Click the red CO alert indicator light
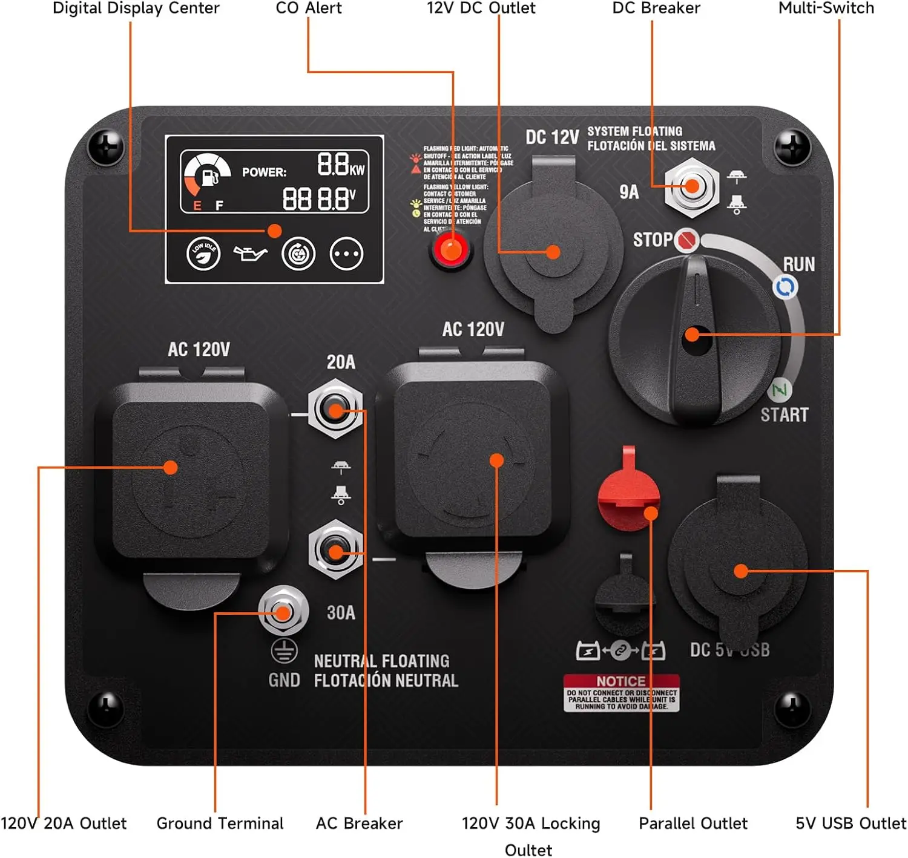click(450, 249)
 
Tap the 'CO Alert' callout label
click(308, 8)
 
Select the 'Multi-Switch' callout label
click(826, 8)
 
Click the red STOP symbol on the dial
click(686, 240)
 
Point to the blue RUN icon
click(785, 287)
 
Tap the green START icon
click(780, 390)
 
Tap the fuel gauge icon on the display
click(207, 175)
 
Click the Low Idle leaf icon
click(203, 254)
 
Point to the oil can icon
click(250, 254)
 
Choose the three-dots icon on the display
click(346, 254)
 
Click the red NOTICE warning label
click(621, 692)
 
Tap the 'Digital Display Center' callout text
click(136, 8)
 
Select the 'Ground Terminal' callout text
click(220, 823)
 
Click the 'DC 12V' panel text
click(552, 137)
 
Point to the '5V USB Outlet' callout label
click(850, 823)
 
